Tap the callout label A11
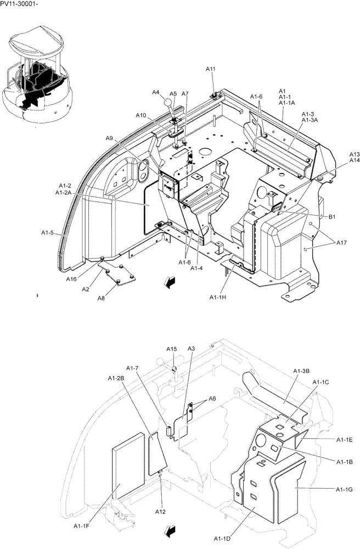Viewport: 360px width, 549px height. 211,69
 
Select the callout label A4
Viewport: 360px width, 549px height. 156,93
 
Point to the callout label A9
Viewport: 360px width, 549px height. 109,139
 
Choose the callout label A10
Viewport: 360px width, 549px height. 141,115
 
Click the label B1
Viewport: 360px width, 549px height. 331,217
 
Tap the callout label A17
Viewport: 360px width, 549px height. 341,242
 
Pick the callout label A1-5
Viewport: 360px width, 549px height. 48,233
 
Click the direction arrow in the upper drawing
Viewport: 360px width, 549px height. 171,282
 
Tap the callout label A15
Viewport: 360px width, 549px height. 172,349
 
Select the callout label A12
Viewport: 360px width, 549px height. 160,512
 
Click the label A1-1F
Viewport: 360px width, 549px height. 82,525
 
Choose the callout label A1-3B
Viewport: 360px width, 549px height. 302,372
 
